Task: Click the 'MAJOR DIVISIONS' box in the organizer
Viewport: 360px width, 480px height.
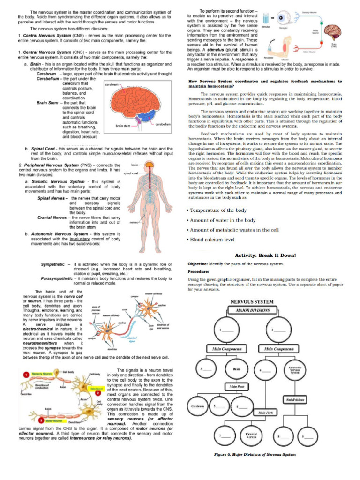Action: (255, 310)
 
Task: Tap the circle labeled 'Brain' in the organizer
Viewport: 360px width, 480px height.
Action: (236, 369)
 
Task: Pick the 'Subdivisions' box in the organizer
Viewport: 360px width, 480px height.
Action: (295, 400)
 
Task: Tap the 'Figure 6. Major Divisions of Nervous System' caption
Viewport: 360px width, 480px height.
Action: (255, 454)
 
